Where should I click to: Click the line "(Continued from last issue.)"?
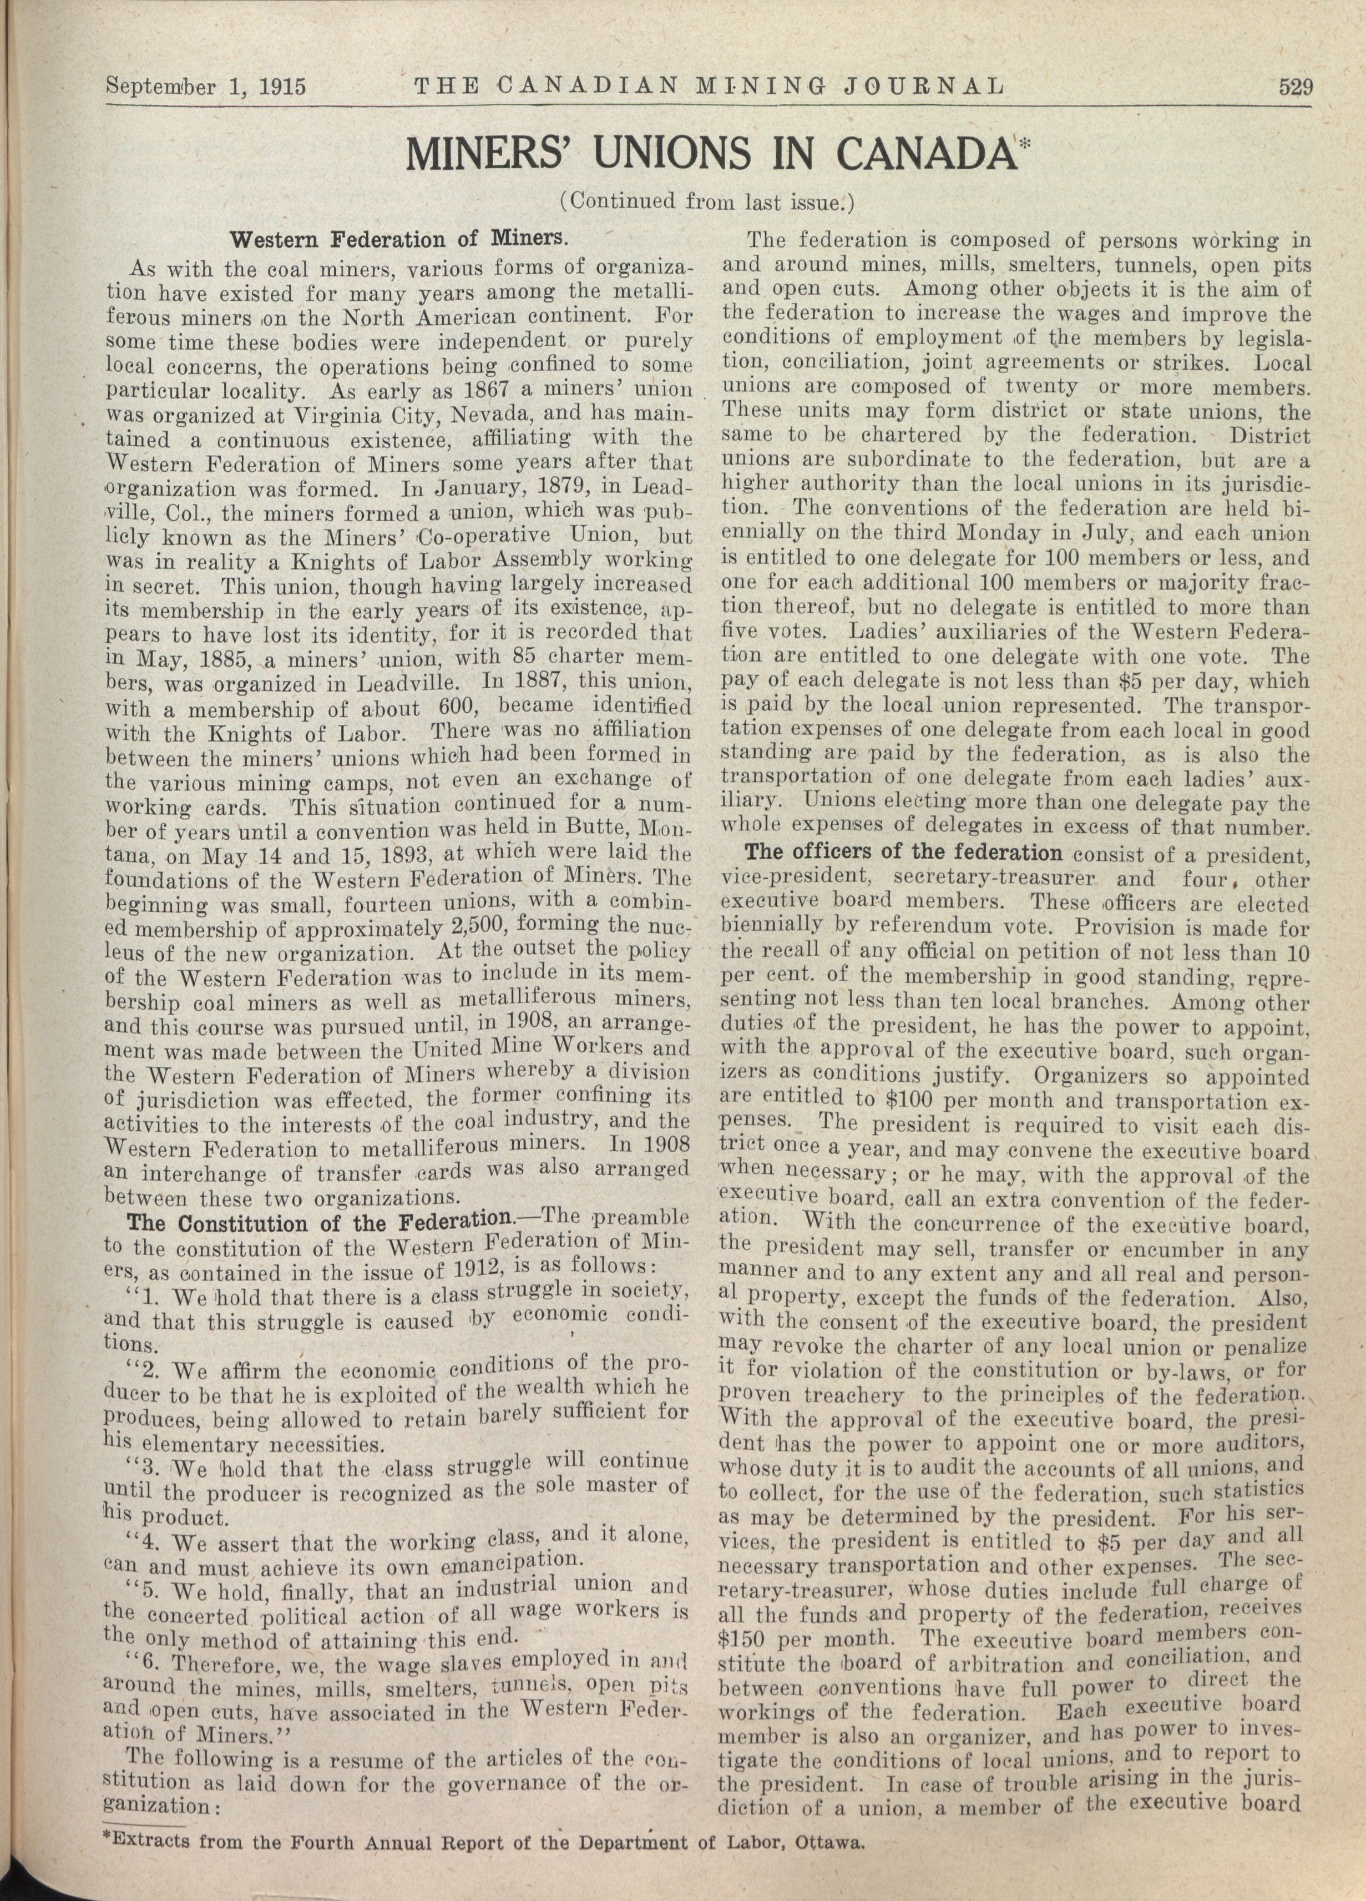tap(706, 202)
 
